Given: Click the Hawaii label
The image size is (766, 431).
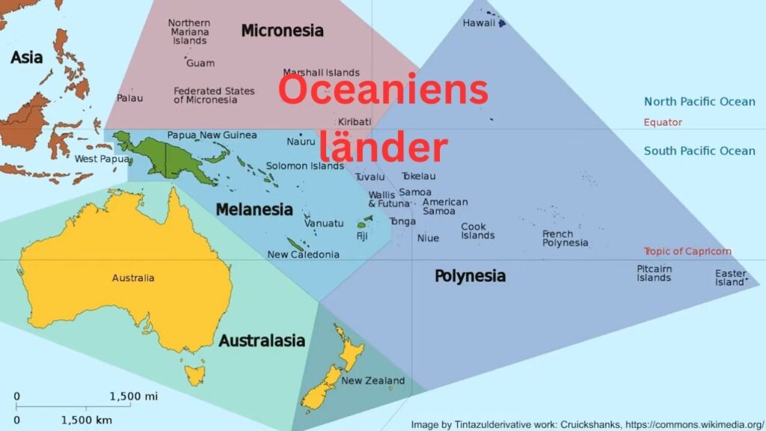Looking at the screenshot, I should (479, 23).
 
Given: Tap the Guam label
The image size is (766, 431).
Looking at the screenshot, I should (200, 64).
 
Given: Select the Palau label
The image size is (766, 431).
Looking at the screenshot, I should (129, 98).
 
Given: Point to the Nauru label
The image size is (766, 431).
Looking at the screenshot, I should (301, 141).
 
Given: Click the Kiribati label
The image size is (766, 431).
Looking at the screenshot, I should (354, 121).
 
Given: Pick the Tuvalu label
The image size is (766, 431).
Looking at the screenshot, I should (370, 177).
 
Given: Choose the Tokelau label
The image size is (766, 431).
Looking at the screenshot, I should (418, 177).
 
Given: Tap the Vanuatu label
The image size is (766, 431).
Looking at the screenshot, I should (324, 223).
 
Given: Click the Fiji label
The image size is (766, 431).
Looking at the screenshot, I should (362, 236).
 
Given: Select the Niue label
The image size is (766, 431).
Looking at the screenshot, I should (428, 238).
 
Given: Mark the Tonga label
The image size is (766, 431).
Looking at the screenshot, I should (402, 221).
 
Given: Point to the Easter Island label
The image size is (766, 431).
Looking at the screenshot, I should (730, 278).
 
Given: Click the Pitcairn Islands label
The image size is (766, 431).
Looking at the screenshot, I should (654, 273).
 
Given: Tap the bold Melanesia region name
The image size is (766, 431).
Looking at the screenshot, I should (254, 210).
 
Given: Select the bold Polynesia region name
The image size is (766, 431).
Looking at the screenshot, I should (470, 276).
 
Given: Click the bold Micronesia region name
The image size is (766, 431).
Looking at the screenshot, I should (282, 31).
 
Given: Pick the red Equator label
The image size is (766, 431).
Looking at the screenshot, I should (663, 122).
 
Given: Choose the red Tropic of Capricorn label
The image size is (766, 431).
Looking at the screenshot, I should (687, 251).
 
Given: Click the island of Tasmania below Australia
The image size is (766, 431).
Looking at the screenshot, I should (195, 373).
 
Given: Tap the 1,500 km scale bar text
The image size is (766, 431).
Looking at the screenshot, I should (86, 421).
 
